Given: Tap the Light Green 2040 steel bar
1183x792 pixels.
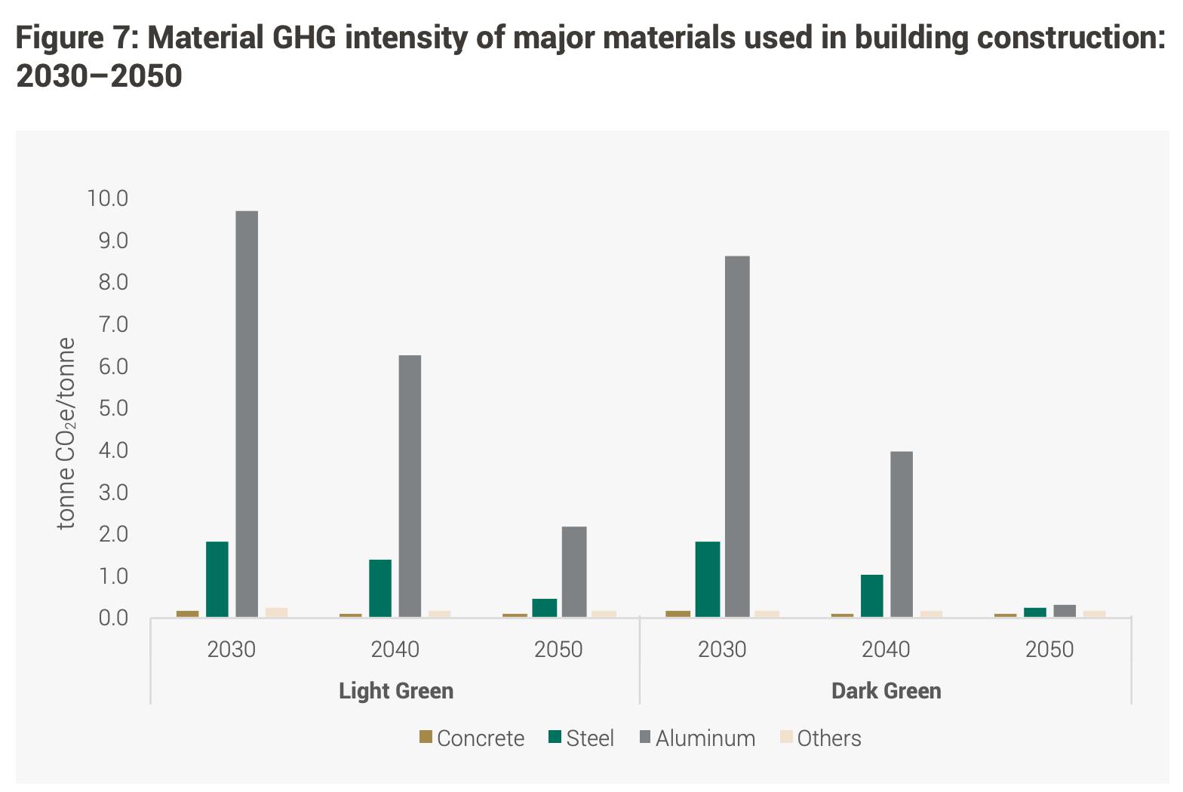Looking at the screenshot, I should point(380,588).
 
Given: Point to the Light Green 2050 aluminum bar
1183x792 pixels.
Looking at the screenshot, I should point(573,571).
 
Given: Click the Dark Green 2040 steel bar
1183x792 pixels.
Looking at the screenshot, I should point(871,595).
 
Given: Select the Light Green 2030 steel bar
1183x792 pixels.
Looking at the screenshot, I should point(217,579).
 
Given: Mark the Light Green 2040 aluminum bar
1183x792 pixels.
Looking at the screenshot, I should point(410,486).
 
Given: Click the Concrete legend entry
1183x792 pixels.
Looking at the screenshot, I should point(472,738).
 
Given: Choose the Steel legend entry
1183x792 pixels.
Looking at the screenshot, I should point(582,738).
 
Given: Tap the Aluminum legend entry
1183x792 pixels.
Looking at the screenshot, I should point(697,738).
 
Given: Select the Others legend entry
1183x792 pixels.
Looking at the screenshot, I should point(820,738).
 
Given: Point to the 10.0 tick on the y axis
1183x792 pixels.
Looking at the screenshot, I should point(108,198).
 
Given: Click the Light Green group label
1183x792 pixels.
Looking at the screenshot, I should point(396,691).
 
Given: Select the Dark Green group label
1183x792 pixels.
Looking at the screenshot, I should point(886,691).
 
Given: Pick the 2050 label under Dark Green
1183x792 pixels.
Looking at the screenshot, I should point(1049,649).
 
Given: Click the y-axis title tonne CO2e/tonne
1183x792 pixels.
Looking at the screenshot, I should point(67,434).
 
